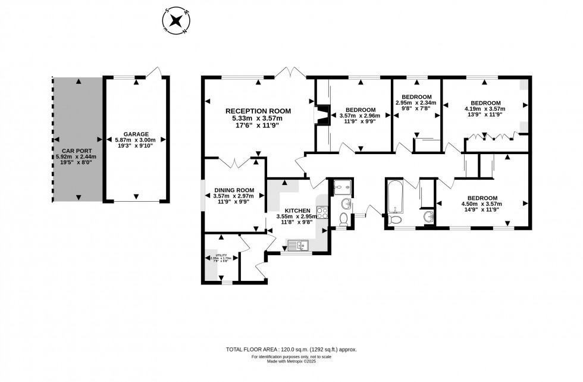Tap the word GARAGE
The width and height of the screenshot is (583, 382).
tap(136, 134)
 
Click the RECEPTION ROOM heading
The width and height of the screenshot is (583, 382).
tap(258, 111)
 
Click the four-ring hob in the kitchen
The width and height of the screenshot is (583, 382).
tap(322, 211)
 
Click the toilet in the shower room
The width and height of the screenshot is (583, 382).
tap(343, 219)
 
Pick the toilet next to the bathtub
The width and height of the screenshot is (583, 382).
tap(394, 221)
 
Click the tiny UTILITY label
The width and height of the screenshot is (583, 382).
tap(221, 255)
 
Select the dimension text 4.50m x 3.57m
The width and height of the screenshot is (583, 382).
tap(482, 204)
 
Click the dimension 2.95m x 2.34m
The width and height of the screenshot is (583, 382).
tap(416, 102)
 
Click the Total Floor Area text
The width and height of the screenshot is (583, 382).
tap(291, 350)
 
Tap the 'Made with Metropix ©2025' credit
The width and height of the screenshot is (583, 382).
tap(291, 362)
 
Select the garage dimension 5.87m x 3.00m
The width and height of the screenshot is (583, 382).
tap(136, 140)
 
